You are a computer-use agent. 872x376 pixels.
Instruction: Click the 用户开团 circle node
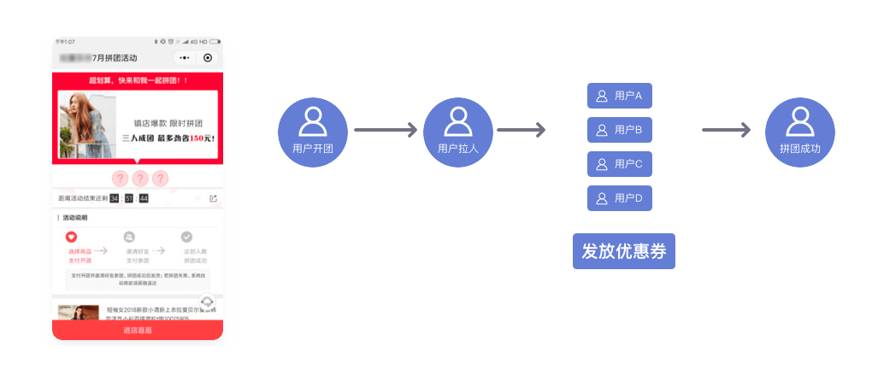tap(313, 131)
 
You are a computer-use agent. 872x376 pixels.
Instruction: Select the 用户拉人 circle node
tap(457, 131)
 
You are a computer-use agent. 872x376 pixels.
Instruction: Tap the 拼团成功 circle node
tap(799, 131)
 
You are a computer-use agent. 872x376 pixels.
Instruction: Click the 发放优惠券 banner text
tap(623, 251)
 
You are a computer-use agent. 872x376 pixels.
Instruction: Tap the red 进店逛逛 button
tap(137, 330)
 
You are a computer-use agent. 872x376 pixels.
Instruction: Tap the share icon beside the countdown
tap(213, 198)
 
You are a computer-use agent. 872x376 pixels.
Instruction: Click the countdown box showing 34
tap(115, 198)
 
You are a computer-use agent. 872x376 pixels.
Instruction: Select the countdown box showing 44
tap(144, 198)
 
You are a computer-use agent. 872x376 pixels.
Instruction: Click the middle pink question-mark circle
tap(139, 179)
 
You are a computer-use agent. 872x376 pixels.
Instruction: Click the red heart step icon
tap(72, 237)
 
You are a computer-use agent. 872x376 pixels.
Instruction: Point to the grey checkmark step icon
tap(187, 237)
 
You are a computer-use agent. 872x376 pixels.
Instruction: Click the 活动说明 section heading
tap(75, 218)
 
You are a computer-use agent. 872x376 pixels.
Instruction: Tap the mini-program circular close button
tap(207, 58)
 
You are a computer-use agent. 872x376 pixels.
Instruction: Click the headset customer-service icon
tap(206, 302)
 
